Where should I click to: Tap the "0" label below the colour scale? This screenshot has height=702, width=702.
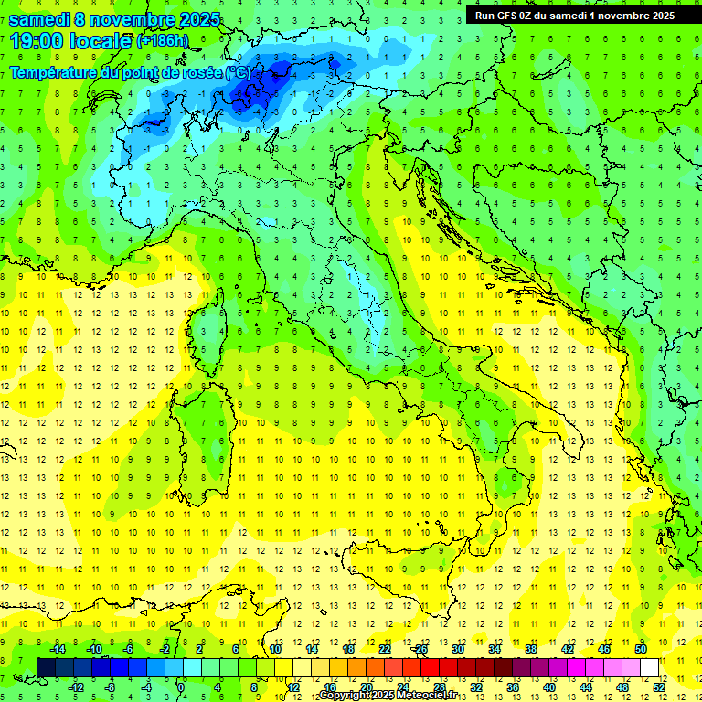181,686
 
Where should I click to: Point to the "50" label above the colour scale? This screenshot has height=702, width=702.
641,649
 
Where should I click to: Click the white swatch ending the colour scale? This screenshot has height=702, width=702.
649,667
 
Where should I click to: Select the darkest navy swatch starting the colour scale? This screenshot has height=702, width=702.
46,667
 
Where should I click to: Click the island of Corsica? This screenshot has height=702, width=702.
211,325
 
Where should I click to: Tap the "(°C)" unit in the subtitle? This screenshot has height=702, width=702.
238,72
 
